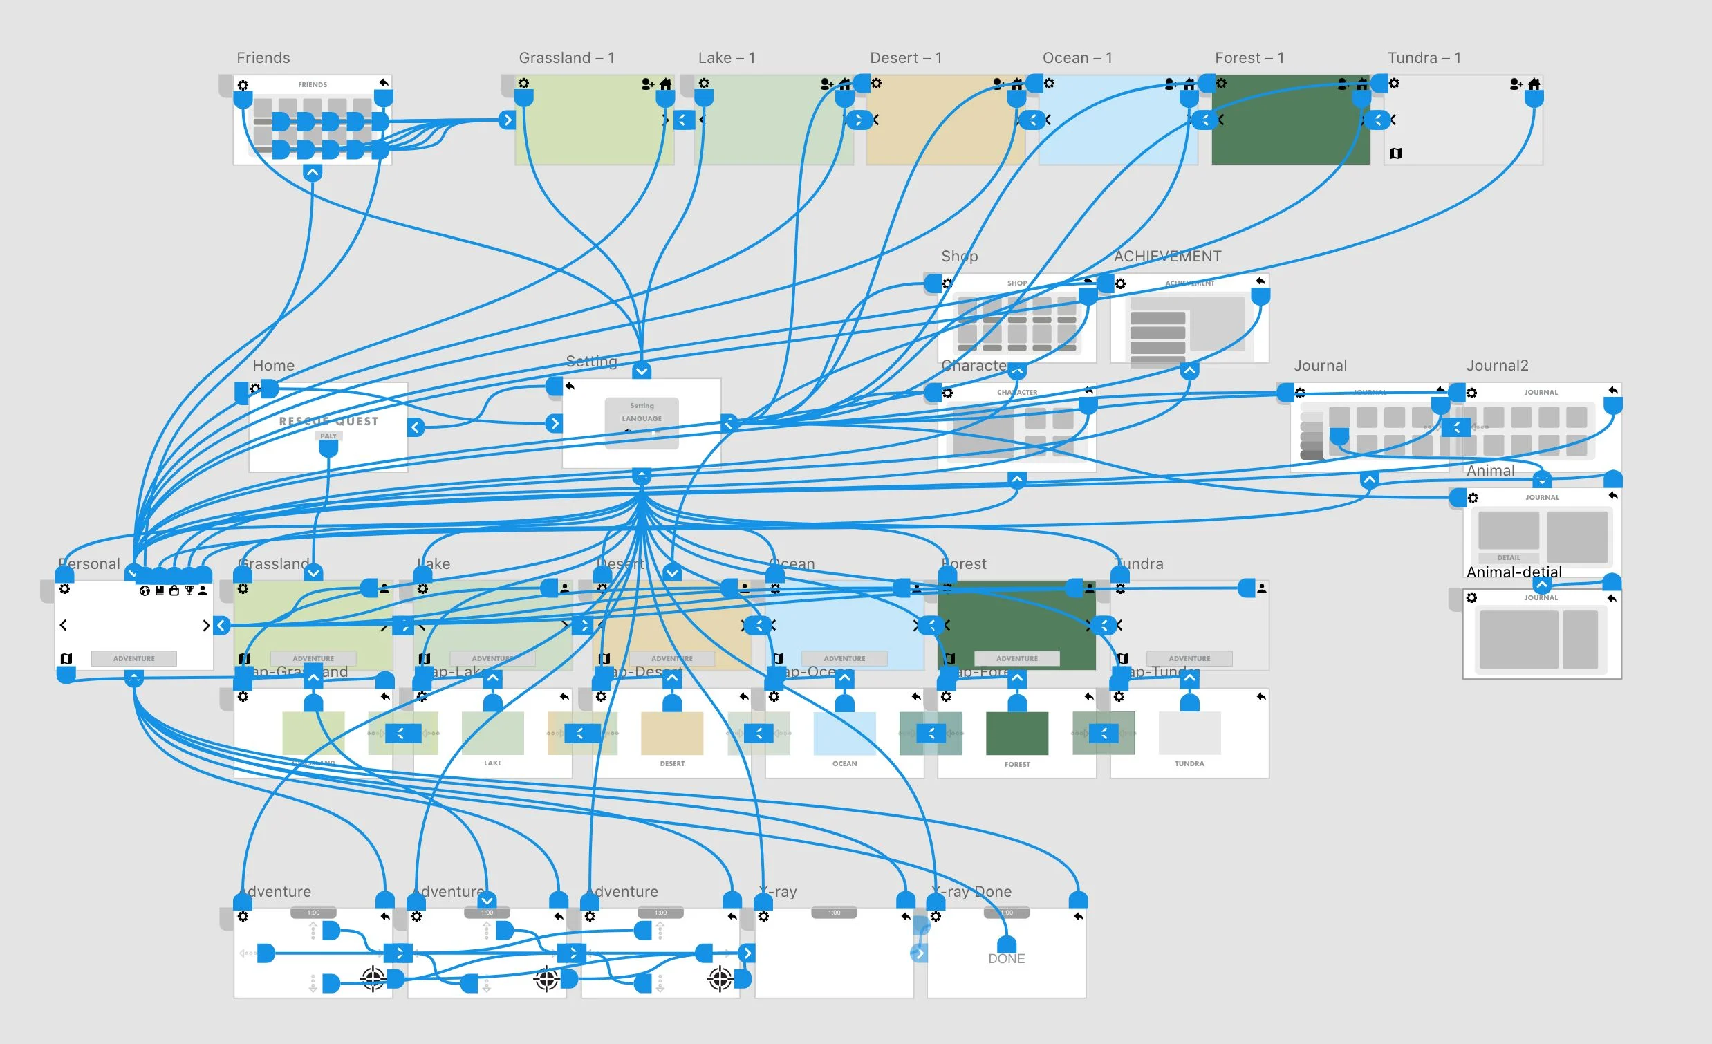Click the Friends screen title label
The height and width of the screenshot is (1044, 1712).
(x=263, y=57)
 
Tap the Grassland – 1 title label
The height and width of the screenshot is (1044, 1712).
(x=566, y=57)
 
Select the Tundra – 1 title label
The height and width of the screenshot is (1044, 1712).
(x=1424, y=57)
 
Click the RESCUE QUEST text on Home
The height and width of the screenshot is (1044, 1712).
(x=328, y=421)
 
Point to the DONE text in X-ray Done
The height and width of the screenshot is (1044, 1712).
(x=1006, y=958)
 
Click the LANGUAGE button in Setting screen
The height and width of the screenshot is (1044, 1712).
(x=641, y=419)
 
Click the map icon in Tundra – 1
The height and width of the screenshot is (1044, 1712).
(x=1396, y=153)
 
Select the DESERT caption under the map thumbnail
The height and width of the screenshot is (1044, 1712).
(x=672, y=763)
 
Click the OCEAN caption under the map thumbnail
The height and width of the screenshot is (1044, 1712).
(x=844, y=763)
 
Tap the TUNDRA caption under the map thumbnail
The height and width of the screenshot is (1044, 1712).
(x=1189, y=763)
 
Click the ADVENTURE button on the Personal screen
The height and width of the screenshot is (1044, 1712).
(x=134, y=658)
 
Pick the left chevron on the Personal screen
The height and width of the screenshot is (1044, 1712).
(x=63, y=625)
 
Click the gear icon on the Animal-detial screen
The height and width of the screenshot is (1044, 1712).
(x=1471, y=598)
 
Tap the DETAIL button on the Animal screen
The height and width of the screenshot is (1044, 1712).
(x=1509, y=558)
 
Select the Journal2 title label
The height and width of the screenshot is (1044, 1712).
(x=1496, y=365)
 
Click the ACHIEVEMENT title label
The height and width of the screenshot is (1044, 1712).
(x=1166, y=257)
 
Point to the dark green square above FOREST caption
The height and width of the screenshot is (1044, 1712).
(x=1016, y=733)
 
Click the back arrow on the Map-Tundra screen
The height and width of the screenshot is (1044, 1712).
(x=1260, y=697)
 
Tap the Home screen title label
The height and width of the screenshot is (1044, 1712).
(x=273, y=365)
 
